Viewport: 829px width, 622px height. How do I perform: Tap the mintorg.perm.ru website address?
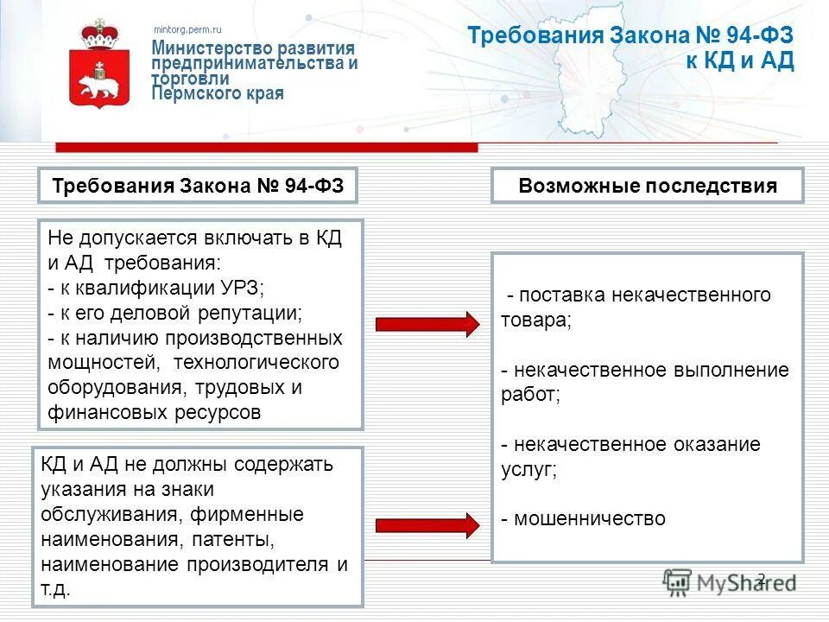187,29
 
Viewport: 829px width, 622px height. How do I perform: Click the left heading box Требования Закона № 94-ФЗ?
198,186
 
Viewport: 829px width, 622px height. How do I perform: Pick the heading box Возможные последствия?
648,186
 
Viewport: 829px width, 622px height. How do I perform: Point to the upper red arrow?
427,325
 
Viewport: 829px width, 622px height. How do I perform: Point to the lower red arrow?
427,524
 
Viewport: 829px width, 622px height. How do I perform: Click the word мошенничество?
589,518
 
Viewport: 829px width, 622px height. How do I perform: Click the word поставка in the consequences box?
559,295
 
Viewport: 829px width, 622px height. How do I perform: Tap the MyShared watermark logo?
728,581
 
